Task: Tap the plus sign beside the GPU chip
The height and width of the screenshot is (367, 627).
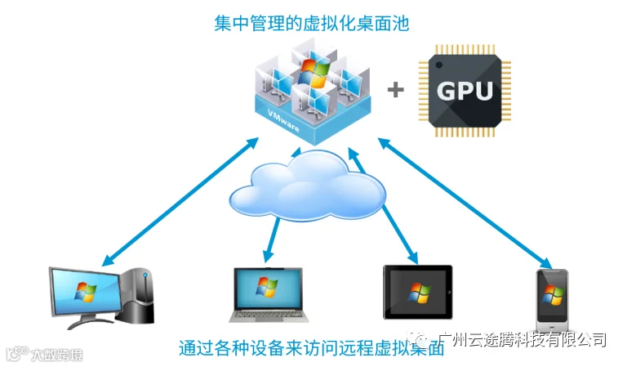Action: point(396,89)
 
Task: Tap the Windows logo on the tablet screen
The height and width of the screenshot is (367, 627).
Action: point(418,292)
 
